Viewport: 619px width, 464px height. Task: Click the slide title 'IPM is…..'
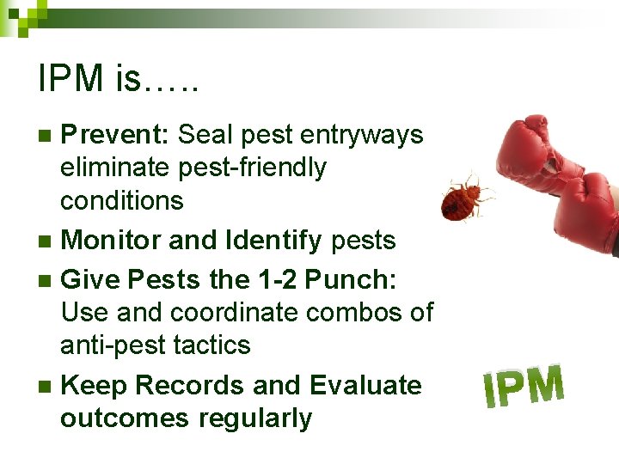[119, 79]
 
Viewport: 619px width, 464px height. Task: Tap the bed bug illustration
[465, 197]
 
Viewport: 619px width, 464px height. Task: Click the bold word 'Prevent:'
[118, 135]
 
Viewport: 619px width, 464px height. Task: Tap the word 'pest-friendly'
[252, 168]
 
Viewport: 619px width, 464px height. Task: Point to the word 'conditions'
[121, 200]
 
